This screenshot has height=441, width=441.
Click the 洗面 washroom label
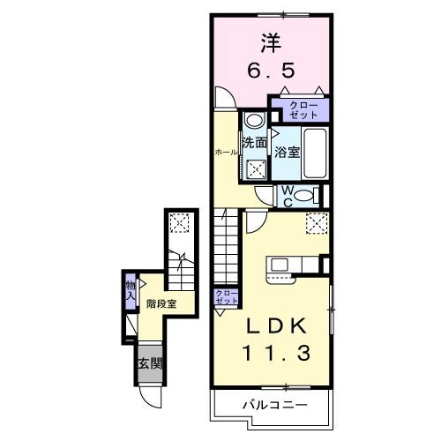pyautogui.click(x=255, y=142)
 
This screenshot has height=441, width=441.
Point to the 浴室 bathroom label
pyautogui.click(x=287, y=152)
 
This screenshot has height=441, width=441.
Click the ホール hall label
pyautogui.click(x=227, y=152)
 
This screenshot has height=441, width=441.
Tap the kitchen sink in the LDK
pyautogui.click(x=280, y=265)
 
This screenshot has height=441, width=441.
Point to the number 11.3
pyautogui.click(x=275, y=354)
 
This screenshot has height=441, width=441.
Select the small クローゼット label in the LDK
pyautogui.click(x=226, y=296)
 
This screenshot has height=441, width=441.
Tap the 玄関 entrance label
pyautogui.click(x=149, y=362)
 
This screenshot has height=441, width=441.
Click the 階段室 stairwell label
pyautogui.click(x=161, y=303)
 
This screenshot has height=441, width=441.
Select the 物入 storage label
pyautogui.click(x=130, y=291)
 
